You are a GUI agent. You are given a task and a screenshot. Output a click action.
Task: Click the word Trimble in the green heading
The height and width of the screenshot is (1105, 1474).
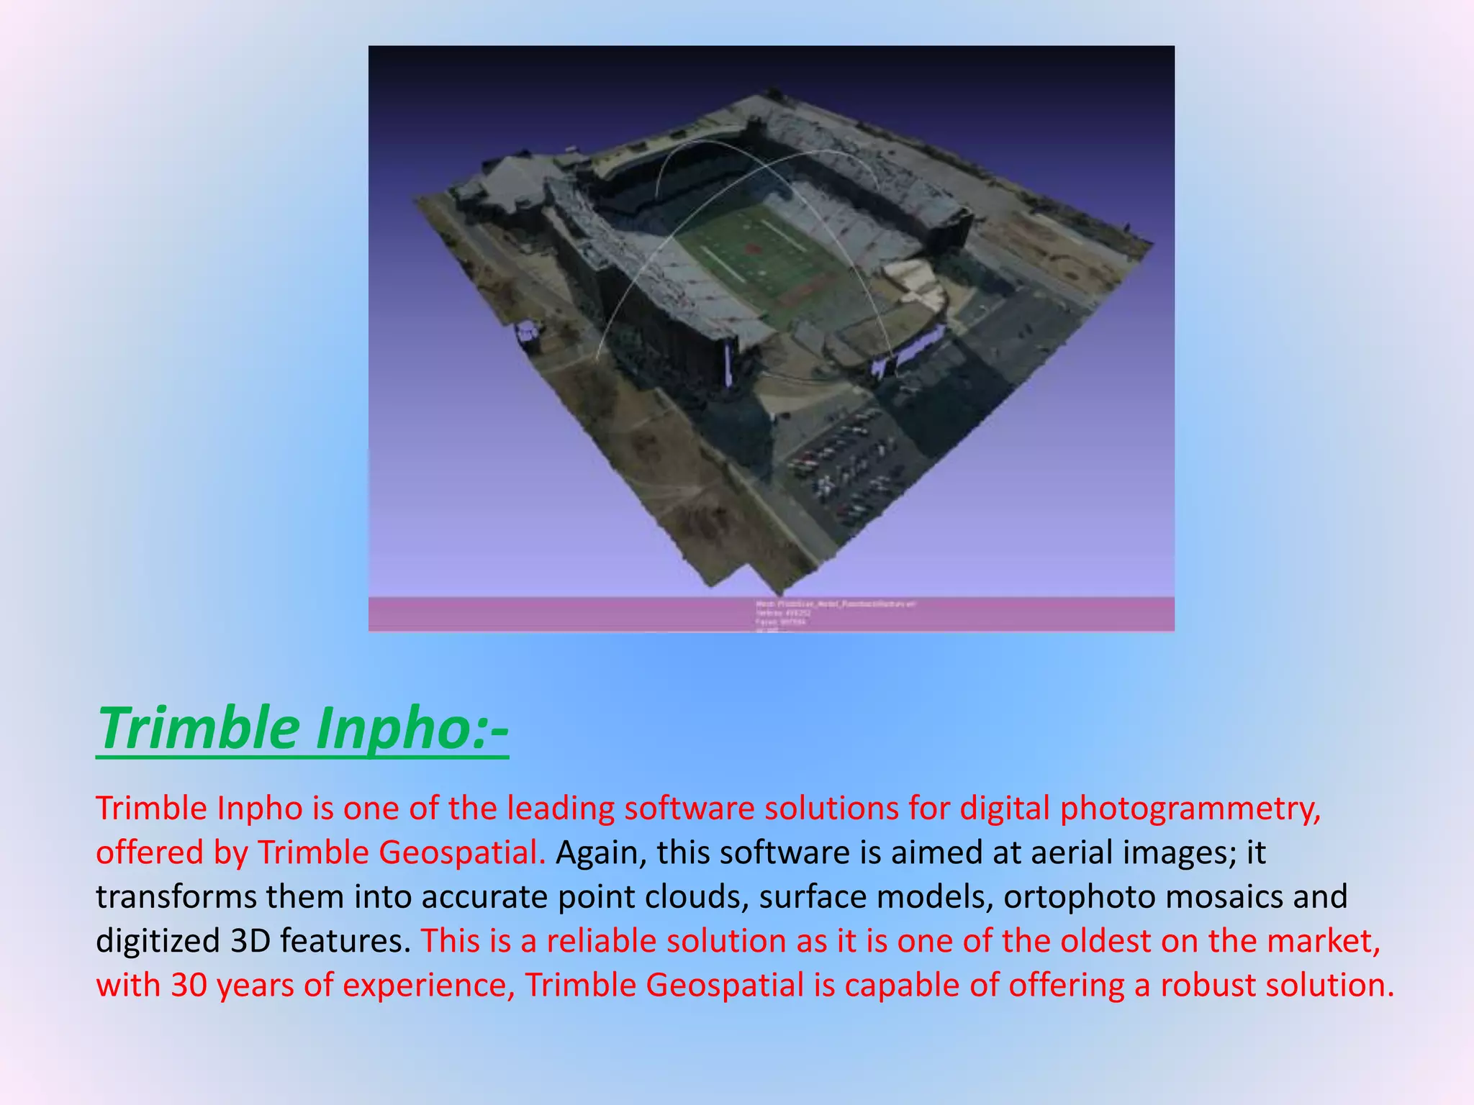coord(199,728)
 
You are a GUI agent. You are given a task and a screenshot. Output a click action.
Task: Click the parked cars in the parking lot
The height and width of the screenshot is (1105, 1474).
coord(846,460)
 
